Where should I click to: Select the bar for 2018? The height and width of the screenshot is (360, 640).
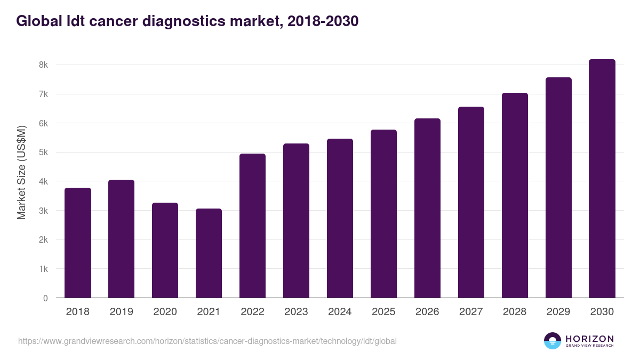pos(78,243)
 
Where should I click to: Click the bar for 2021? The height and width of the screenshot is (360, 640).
pos(209,253)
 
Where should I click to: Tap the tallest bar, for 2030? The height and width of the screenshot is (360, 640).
pos(602,179)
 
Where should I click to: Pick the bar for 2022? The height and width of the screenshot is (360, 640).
pos(252,226)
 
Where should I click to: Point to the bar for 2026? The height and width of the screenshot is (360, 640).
pos(427,208)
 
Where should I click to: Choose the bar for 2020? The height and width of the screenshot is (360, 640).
pos(165,250)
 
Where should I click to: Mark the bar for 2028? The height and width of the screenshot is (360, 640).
pos(515,195)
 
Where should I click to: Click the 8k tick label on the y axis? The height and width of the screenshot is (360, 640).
pos(43,65)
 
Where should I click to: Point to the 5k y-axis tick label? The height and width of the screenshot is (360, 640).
pos(43,153)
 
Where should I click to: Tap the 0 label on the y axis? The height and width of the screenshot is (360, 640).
pos(45,298)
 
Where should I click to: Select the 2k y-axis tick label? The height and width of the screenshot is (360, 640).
pos(43,240)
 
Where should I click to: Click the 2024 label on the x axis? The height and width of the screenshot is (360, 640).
pos(340,312)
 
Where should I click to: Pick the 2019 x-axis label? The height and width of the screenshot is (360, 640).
pos(121,312)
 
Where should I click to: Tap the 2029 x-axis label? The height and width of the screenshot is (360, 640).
pos(558,312)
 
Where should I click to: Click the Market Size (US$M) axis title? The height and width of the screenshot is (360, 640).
pos(21,172)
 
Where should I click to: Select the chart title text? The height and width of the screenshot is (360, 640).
pos(187,21)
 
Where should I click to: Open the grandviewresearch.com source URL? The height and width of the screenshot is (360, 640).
pos(207,341)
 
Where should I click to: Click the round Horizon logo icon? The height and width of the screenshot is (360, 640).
pos(553,341)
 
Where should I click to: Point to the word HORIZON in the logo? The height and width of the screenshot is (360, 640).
pos(589,339)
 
